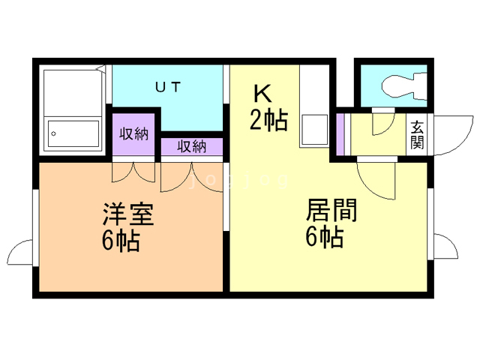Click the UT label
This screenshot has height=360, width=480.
(167, 87)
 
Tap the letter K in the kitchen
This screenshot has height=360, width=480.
(262, 94)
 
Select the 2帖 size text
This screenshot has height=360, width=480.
(268, 120)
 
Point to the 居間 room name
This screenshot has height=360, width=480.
(331, 210)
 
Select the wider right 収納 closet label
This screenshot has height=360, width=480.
(192, 147)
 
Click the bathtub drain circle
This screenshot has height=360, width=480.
(53, 135)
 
